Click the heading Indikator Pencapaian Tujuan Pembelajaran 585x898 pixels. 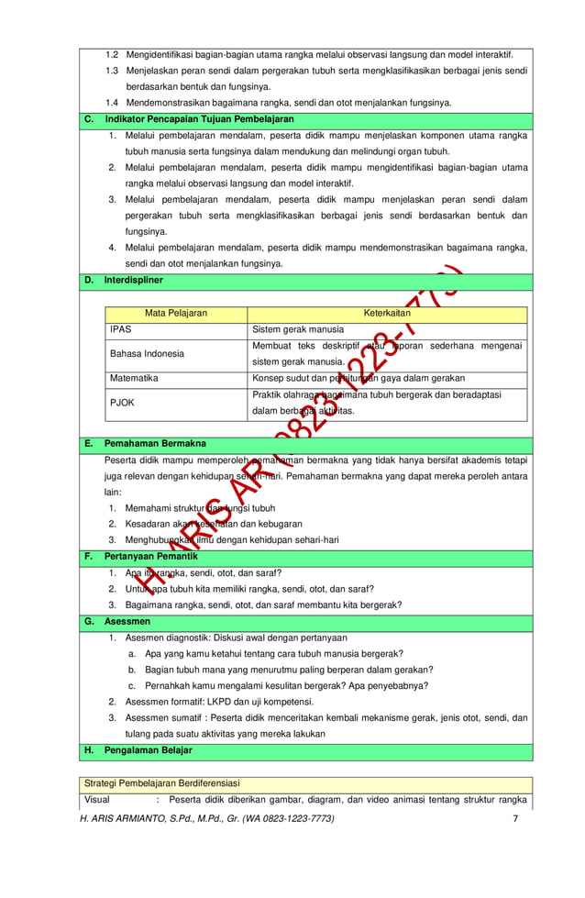click(x=199, y=120)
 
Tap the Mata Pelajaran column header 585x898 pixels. click(x=176, y=314)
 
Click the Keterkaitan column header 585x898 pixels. click(x=388, y=314)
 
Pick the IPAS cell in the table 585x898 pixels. click(x=120, y=329)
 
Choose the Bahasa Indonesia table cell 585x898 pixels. click(x=147, y=353)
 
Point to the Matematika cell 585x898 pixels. click(x=135, y=378)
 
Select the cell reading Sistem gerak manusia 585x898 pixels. click(x=299, y=329)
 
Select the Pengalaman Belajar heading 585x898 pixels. click(x=149, y=750)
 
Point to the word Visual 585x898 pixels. click(x=96, y=799)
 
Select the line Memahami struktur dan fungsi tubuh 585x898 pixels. click(x=200, y=508)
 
